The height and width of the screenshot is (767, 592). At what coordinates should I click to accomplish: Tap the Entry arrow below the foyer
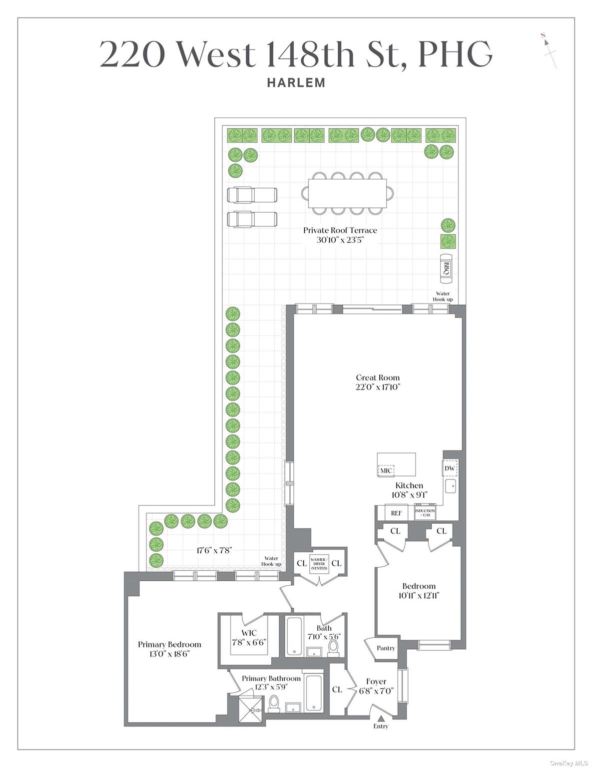click(381, 719)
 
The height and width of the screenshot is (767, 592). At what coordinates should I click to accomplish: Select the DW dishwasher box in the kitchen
click(450, 468)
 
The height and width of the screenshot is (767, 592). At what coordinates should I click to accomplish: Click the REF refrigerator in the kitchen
click(396, 513)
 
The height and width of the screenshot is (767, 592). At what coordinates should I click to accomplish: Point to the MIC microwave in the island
click(386, 470)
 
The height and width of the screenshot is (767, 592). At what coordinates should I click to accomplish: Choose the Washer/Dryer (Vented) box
click(319, 563)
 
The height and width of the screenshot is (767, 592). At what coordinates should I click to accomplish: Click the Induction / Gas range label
click(425, 513)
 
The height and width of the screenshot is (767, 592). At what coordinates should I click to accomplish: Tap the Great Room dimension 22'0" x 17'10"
click(378, 387)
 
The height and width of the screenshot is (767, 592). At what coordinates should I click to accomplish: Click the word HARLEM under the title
click(296, 83)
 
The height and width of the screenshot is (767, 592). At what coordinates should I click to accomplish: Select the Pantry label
click(386, 648)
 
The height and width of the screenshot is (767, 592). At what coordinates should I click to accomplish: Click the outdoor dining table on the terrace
click(347, 193)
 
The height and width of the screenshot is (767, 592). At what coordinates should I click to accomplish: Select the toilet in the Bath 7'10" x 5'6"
click(333, 648)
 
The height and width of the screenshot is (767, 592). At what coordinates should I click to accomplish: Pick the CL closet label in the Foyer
click(337, 689)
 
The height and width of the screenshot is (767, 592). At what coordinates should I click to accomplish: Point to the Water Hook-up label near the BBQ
click(443, 297)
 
